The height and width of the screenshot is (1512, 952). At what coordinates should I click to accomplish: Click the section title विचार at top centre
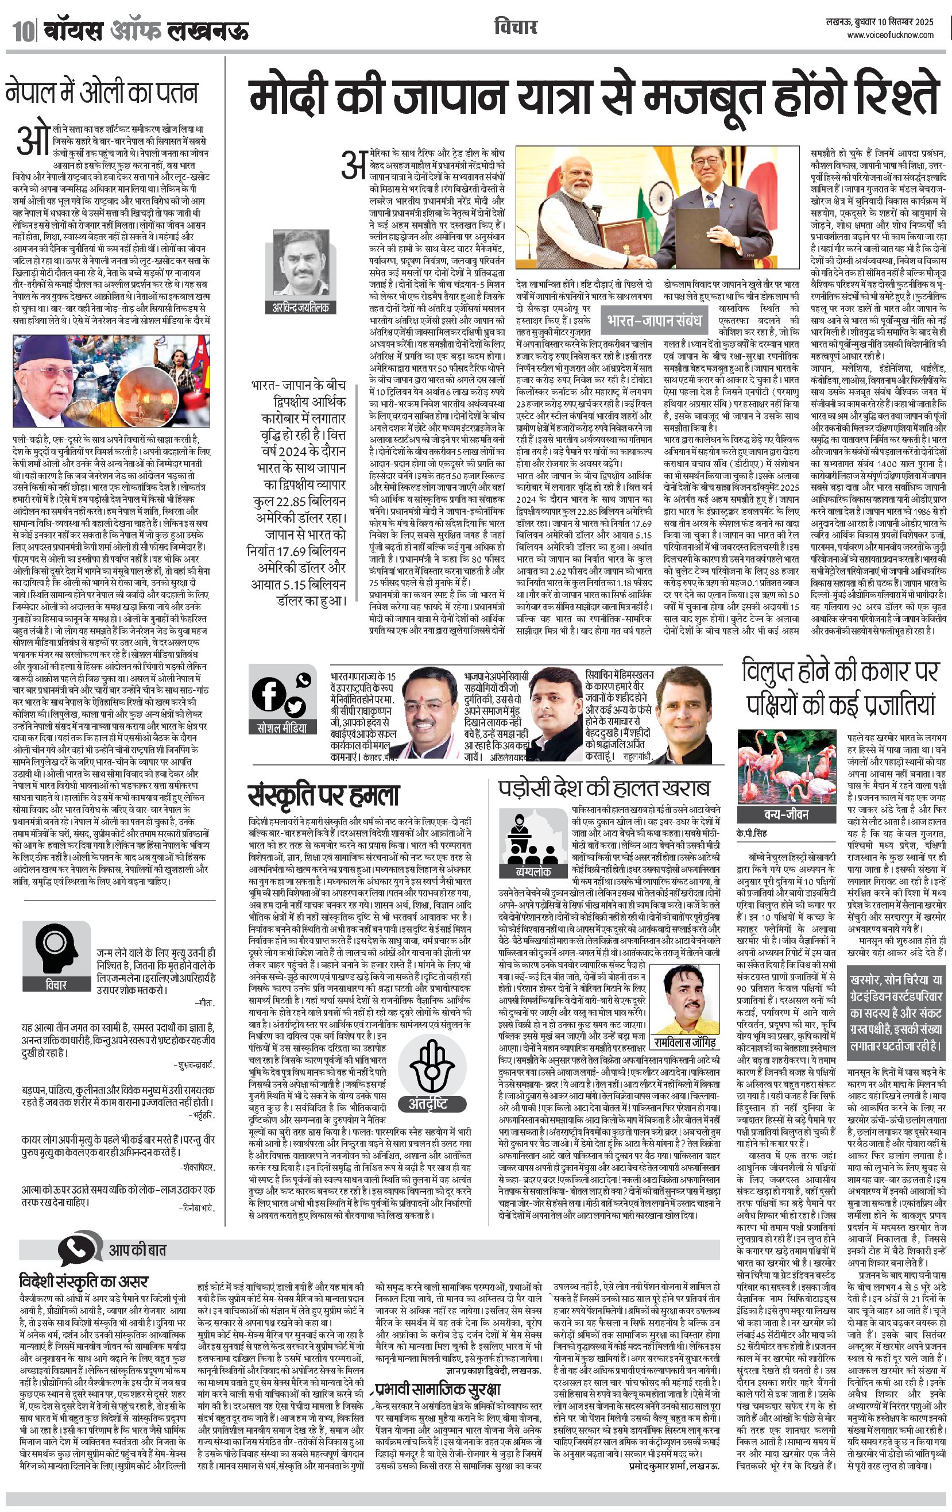515,28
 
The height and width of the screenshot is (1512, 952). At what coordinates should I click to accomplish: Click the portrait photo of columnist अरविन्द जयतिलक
301,265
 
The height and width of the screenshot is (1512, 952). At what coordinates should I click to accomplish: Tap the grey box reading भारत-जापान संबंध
653,321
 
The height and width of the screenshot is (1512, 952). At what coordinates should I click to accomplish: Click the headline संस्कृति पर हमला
323,795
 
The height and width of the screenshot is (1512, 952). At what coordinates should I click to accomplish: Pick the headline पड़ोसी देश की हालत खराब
603,788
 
